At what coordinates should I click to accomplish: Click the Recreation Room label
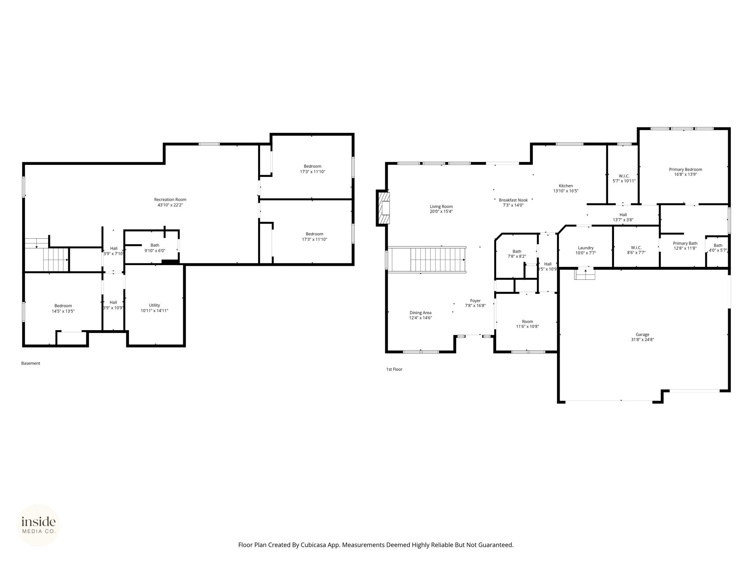(170, 200)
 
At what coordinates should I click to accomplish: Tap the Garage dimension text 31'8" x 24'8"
(643, 340)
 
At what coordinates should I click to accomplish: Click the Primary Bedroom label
(686, 169)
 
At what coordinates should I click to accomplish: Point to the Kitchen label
(566, 186)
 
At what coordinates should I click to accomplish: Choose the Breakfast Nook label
(513, 200)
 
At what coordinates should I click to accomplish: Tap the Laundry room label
(586, 248)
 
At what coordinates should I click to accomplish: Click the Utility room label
(155, 305)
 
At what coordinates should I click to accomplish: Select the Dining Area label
(421, 313)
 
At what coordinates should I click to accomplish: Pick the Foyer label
(476, 301)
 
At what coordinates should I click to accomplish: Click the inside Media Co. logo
(39, 525)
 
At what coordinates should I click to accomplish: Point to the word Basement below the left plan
(31, 364)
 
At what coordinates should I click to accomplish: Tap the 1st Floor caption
(394, 369)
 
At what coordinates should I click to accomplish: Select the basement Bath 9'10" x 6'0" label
(155, 248)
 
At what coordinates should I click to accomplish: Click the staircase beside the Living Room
(427, 260)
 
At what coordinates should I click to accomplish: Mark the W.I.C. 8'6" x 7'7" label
(636, 250)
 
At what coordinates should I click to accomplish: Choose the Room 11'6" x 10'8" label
(528, 324)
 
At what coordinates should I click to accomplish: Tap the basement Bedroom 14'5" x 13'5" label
(63, 308)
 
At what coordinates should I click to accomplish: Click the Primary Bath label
(685, 243)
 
